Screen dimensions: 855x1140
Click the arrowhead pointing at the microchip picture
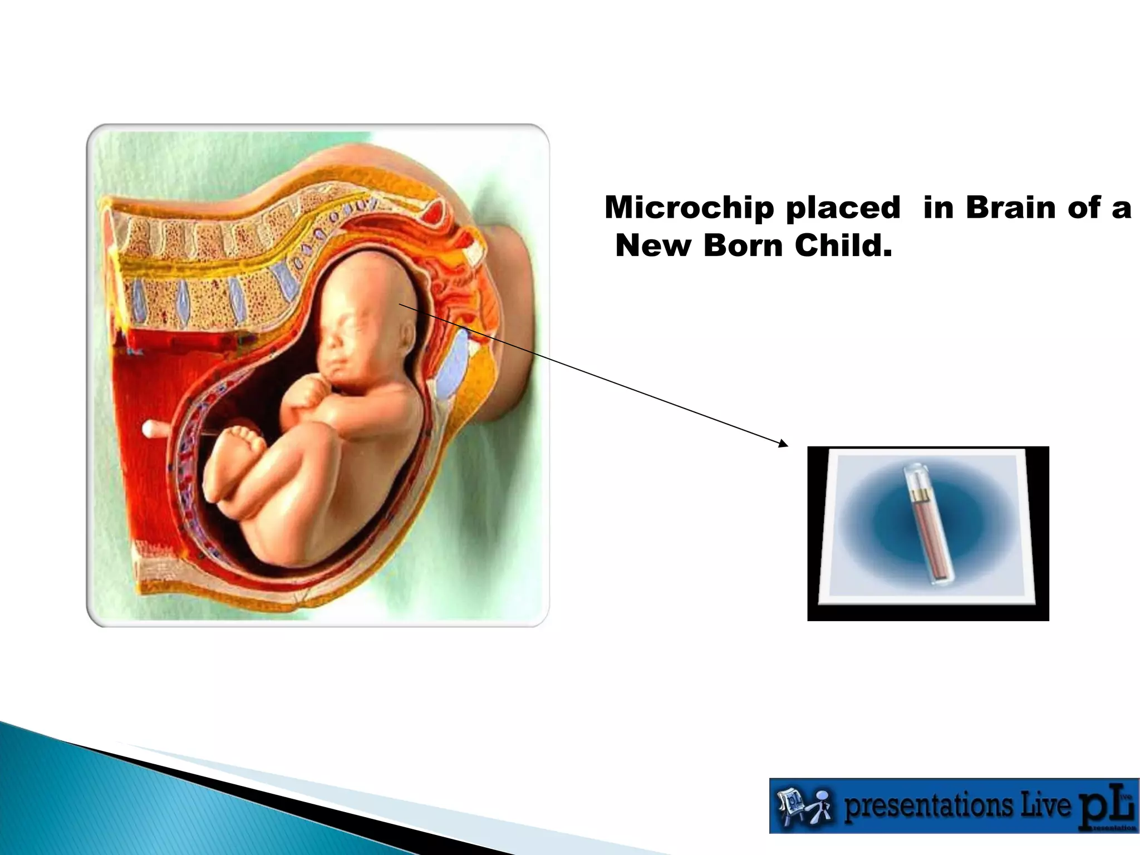point(784,444)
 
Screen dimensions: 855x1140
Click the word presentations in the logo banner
point(928,805)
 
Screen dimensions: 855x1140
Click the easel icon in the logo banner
point(791,805)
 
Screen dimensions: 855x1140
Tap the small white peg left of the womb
point(154,429)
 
